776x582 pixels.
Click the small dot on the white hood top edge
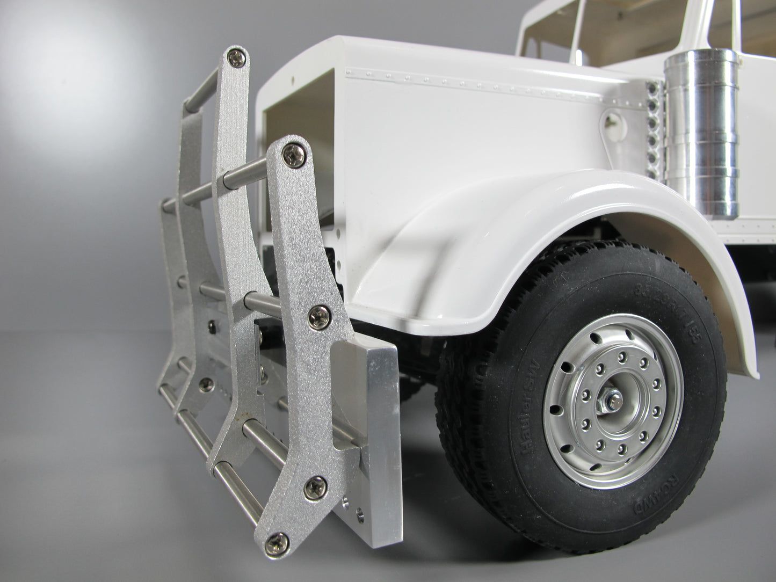(294, 80)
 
